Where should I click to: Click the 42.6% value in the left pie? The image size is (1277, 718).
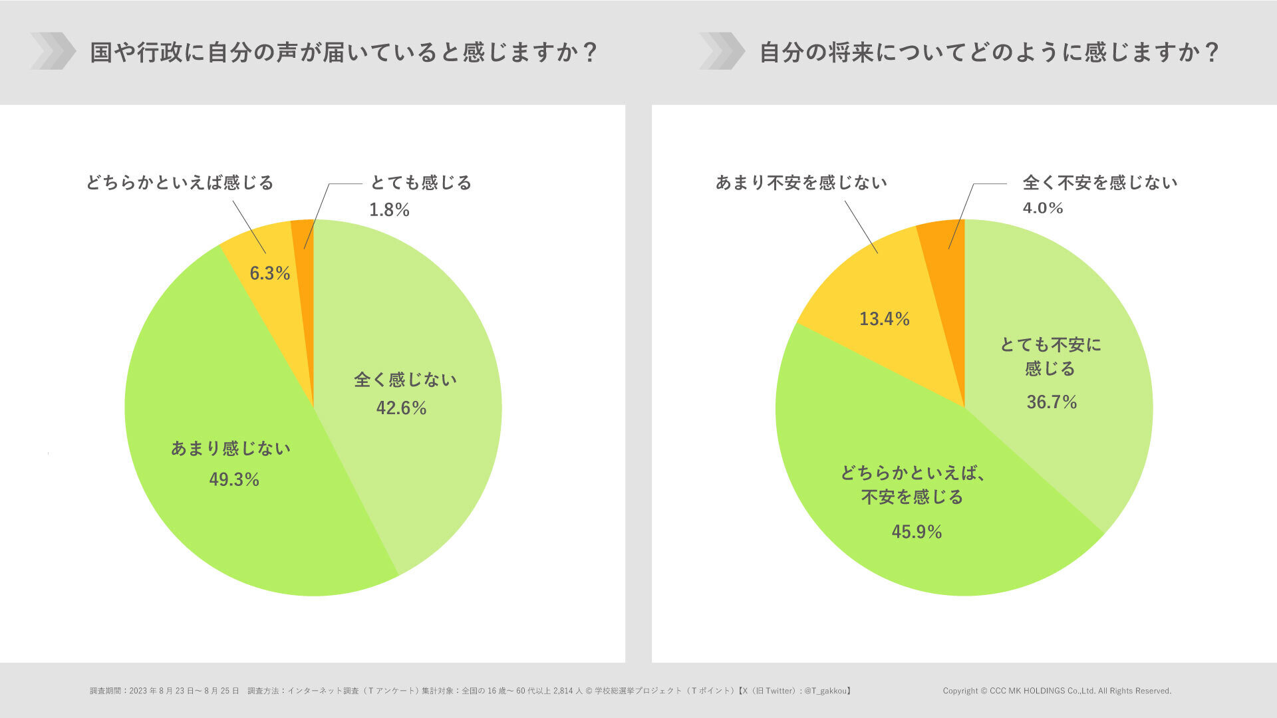tap(401, 408)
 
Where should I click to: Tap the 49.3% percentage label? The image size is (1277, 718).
tap(234, 479)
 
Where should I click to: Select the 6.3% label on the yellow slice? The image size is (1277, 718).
tap(269, 273)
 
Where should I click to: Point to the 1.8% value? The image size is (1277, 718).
tap(389, 210)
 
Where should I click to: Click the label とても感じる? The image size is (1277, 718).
tap(420, 182)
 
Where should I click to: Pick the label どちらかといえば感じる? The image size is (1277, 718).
tap(180, 182)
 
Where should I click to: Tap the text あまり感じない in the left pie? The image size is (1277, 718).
tap(231, 448)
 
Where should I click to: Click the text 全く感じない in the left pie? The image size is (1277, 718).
tap(405, 380)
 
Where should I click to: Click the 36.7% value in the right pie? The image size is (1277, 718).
tap(1052, 402)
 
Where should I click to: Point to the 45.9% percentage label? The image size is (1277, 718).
tap(917, 531)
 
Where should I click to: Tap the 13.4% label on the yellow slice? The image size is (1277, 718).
tap(884, 319)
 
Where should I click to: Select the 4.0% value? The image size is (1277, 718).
tap(1042, 208)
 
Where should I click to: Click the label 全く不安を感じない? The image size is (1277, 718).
tap(1099, 182)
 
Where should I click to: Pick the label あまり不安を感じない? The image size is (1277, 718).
tap(801, 182)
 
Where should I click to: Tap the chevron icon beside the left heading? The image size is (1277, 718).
tap(53, 51)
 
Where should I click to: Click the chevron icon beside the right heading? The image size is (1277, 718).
tap(722, 51)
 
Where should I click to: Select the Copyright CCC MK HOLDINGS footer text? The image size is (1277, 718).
tap(1056, 691)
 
